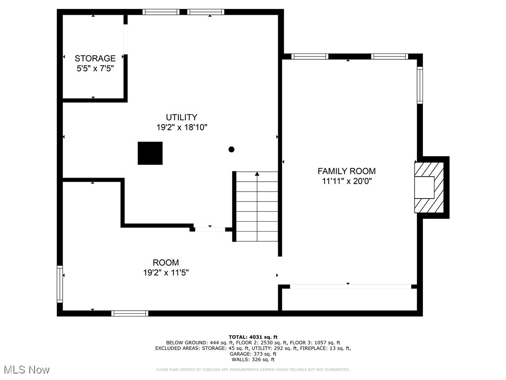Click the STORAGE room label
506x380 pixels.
[x=95, y=58]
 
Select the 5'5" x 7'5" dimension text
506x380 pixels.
[x=95, y=69]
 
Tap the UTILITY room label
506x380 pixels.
[x=181, y=117]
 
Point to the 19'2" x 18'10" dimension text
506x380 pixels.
[x=181, y=127]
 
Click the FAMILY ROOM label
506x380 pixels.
[x=350, y=171]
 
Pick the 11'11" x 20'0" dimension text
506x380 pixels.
[x=350, y=181]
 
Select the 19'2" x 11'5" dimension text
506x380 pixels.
[x=166, y=272]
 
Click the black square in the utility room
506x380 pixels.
[x=150, y=153]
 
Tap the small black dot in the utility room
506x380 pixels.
[x=231, y=149]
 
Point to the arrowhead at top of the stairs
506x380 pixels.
[x=256, y=174]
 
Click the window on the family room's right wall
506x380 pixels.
[x=420, y=85]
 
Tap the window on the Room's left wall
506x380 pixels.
[x=60, y=284]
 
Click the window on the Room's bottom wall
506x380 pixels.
[x=129, y=313]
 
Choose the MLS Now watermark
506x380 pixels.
[x=27, y=370]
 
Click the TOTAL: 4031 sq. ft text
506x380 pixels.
[x=253, y=336]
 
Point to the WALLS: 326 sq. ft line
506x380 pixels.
[x=253, y=360]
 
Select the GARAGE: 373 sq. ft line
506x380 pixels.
[x=253, y=354]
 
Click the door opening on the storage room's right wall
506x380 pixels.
[x=126, y=39]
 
